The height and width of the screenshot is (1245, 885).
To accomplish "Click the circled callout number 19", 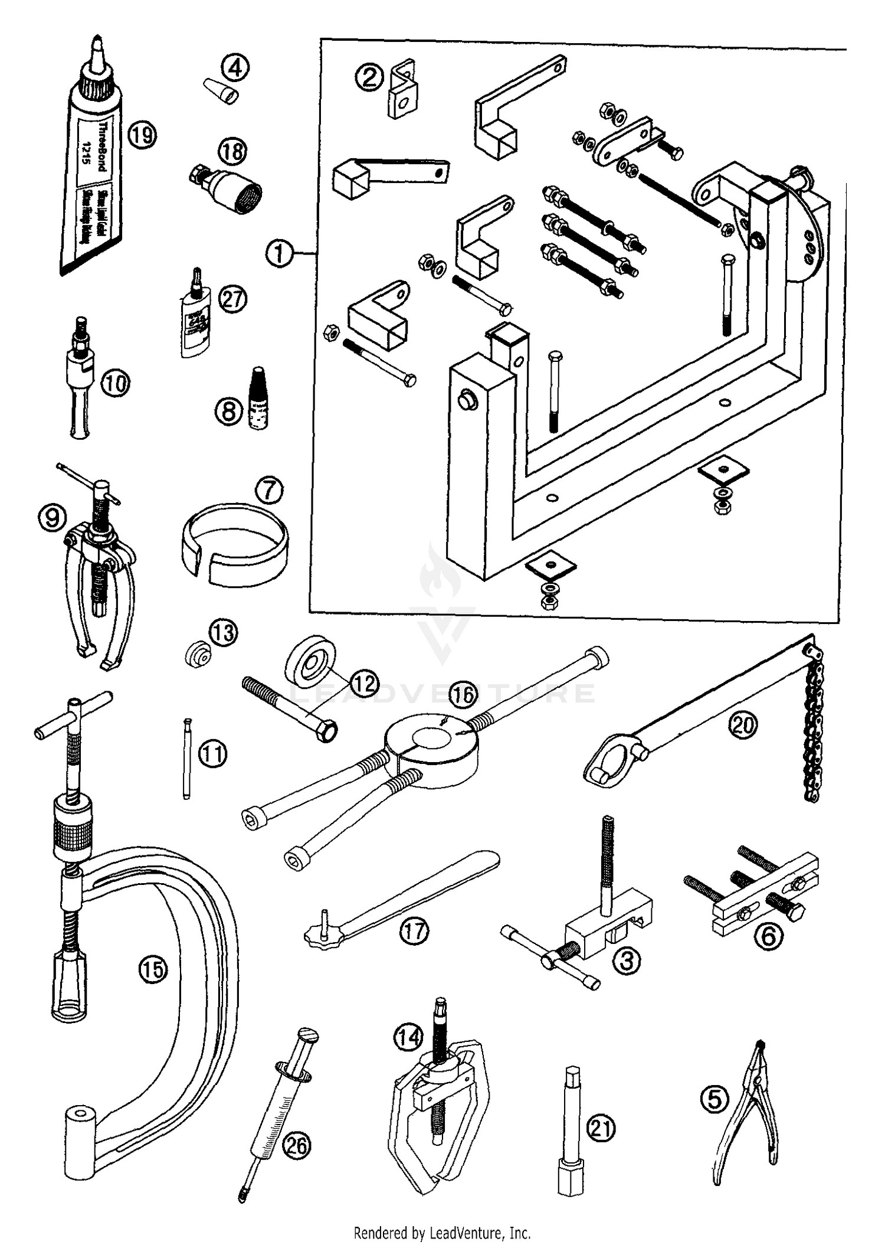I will (142, 135).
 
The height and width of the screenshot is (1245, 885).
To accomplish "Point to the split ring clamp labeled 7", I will (234, 544).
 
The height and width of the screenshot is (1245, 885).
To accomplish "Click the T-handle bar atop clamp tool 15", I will (74, 715).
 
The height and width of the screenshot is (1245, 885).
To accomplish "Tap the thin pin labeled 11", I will (187, 759).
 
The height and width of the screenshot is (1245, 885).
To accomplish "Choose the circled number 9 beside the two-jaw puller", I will (52, 518).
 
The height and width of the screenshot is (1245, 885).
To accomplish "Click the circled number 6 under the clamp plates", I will (769, 936).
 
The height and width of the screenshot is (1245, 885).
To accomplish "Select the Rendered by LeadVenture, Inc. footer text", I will (442, 1233).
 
